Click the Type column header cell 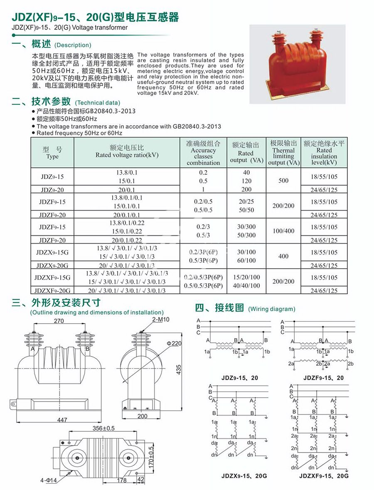click(52, 153)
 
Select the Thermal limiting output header click(283, 153)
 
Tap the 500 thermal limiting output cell click(283, 181)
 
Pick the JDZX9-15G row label click(52, 252)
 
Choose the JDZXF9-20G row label click(52, 291)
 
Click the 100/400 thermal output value click(283, 231)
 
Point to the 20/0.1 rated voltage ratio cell click(127, 190)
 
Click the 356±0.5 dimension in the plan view click(103, 428)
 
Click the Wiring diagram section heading click(245, 309)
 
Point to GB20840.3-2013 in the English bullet click(197, 126)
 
